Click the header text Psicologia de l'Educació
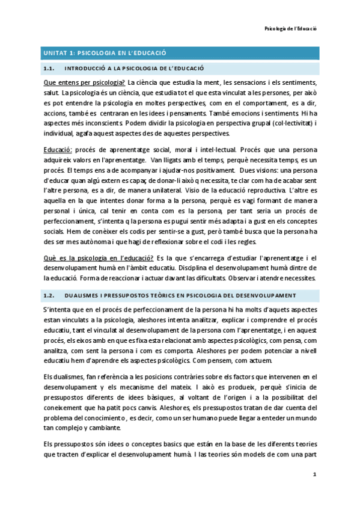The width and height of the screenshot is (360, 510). point(291,28)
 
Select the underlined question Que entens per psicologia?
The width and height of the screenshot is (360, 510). point(84,82)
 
